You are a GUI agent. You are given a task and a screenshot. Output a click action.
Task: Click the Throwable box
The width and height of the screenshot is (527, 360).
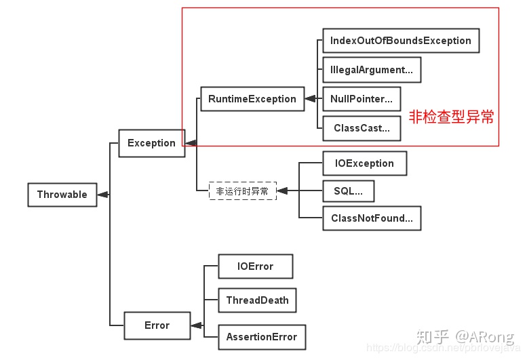tap(62, 195)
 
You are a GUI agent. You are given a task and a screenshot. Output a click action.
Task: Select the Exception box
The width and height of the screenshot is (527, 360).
tap(151, 143)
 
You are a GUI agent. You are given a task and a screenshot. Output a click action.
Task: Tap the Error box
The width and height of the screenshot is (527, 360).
tap(157, 325)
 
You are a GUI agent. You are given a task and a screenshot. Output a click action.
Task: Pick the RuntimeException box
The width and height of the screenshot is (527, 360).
tap(252, 99)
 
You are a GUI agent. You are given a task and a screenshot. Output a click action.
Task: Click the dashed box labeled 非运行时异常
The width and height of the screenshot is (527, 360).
tap(242, 191)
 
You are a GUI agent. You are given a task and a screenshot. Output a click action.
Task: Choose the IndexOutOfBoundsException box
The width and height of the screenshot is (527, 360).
tap(400, 41)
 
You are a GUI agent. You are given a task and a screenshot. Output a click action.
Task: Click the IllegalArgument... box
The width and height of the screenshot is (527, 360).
tap(371, 70)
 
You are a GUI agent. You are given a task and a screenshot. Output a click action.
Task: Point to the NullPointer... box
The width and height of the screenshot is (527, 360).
tap(361, 99)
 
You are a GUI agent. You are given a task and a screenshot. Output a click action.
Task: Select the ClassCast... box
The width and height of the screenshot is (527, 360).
tap(361, 128)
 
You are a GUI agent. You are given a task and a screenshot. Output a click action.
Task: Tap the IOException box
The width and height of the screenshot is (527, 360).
tap(364, 163)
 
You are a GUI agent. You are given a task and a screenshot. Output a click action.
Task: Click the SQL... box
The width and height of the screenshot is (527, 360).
tap(348, 191)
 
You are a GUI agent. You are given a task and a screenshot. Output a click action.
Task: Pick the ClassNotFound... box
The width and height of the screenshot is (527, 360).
tap(372, 218)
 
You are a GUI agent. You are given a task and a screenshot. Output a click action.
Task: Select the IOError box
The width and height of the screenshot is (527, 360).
tap(255, 266)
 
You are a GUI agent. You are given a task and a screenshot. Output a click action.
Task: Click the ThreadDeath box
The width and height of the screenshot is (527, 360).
tap(257, 300)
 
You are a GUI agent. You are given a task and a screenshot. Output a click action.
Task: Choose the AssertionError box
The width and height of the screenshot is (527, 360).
tap(261, 337)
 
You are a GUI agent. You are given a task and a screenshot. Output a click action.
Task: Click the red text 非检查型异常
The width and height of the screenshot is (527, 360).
tap(451, 117)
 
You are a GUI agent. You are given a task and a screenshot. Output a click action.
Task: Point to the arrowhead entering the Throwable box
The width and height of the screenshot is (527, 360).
tap(103, 195)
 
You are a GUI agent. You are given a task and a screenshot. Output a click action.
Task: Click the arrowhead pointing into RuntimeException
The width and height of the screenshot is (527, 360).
tap(310, 99)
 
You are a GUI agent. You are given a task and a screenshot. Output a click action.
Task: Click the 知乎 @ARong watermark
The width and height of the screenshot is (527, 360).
tap(465, 336)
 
